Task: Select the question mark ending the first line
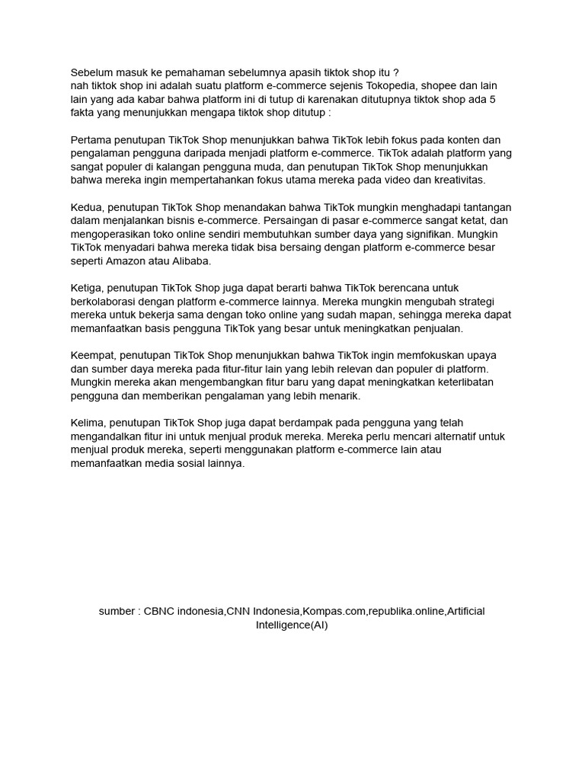395,72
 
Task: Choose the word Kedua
87,207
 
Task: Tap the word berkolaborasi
103,301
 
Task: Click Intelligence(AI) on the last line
292,625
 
